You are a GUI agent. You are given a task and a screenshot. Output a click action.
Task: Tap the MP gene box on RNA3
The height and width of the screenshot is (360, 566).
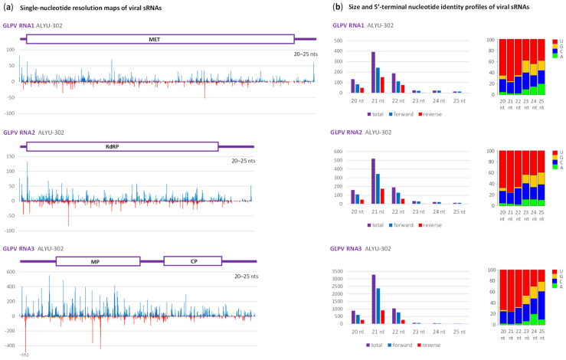click(95, 261)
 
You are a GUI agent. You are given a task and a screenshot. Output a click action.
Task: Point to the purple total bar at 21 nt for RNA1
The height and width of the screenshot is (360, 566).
click(374, 73)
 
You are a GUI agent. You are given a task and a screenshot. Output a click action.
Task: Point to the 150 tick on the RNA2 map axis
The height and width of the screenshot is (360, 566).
click(12, 156)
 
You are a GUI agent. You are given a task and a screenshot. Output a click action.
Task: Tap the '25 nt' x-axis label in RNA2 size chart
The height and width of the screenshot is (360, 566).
click(458, 211)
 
